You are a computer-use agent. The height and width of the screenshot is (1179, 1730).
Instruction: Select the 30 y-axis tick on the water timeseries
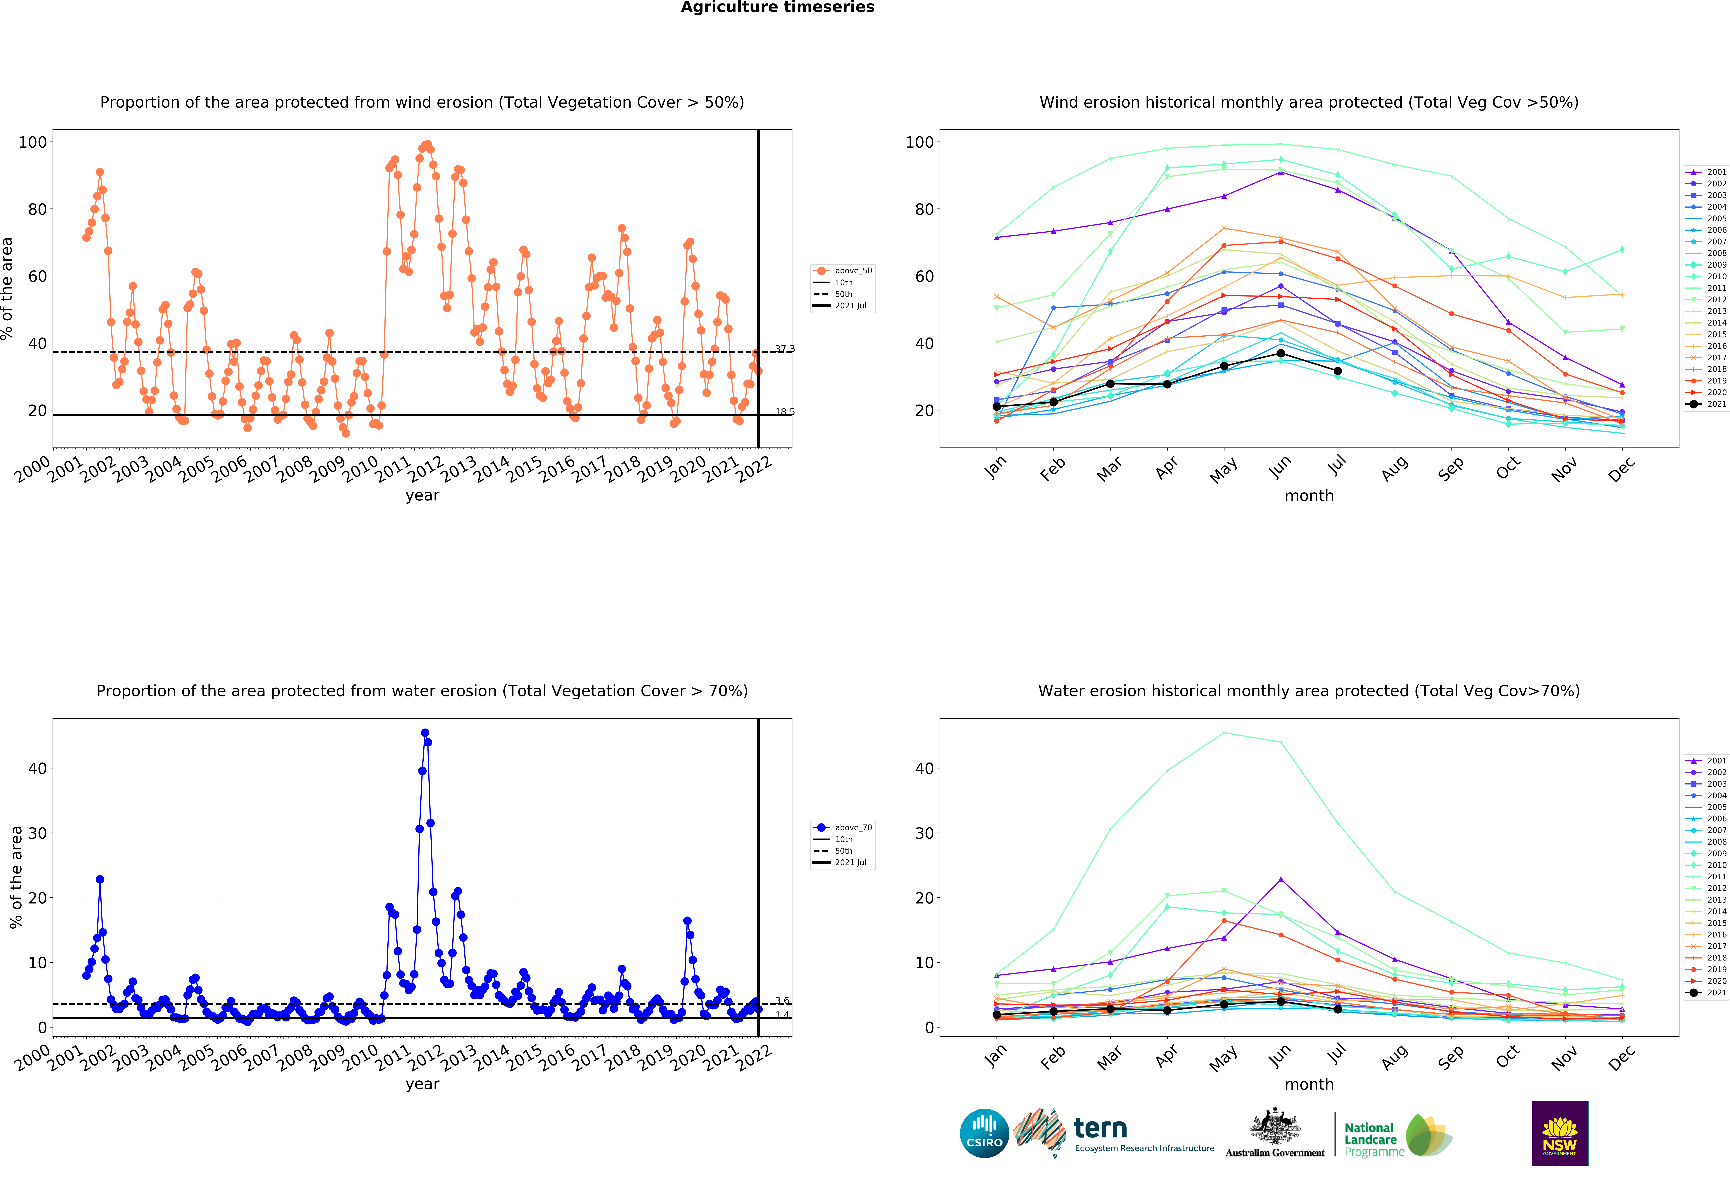37,834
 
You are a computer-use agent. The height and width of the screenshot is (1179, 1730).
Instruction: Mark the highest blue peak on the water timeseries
425,733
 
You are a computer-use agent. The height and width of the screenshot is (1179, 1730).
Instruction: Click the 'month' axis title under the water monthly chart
1309,1085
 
